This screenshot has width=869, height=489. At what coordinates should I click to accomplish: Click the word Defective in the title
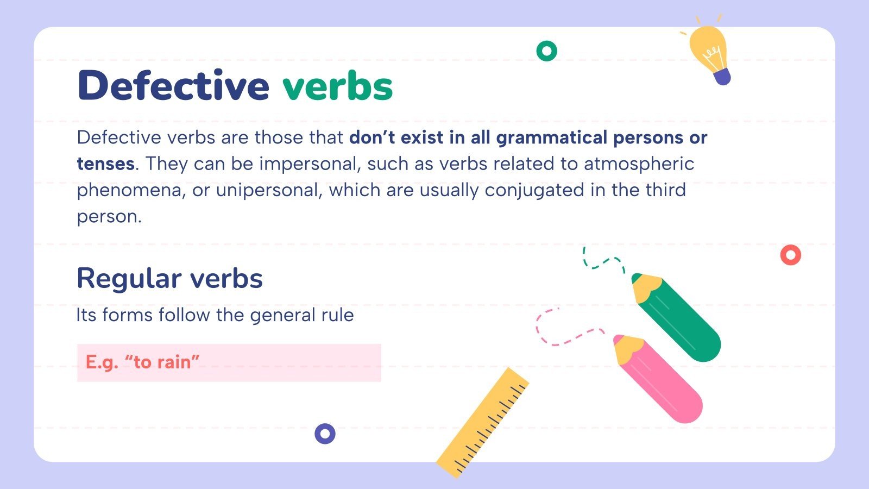coord(173,85)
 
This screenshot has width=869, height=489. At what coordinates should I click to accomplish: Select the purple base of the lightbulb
coord(722,77)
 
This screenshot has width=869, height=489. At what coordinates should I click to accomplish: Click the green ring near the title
coord(546,51)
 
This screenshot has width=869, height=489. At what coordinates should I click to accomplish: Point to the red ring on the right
coord(790,255)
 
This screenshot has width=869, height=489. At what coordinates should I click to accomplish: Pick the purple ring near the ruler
coord(325,434)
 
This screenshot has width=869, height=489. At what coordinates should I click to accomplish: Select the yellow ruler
coord(483,423)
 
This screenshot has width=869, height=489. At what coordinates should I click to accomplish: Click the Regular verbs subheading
coord(169,278)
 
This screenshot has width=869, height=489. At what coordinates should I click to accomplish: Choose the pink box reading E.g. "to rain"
coord(229,362)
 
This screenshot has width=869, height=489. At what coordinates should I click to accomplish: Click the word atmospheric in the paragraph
coord(639,164)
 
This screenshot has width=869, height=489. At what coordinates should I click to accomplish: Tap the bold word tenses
coord(105,164)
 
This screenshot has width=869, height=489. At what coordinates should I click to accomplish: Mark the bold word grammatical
coord(551,137)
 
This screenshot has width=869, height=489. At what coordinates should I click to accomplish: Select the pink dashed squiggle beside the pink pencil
coord(565,329)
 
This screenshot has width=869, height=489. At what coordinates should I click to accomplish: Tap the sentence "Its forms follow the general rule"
coord(215,315)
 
